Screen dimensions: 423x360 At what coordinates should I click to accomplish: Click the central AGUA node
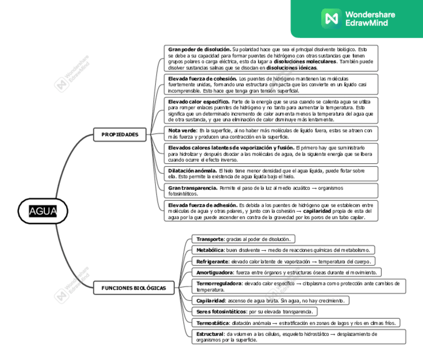[x=43, y=211]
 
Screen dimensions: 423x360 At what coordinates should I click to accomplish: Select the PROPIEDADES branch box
[x=120, y=134]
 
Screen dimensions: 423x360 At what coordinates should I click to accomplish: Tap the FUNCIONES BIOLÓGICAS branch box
[x=134, y=288]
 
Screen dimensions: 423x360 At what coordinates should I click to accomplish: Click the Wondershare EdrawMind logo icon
[x=331, y=18]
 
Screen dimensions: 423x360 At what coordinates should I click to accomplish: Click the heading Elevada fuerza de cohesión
[x=202, y=79]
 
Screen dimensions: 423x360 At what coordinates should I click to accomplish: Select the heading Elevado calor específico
[x=199, y=101]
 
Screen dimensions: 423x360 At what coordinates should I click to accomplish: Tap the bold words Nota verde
[x=183, y=130]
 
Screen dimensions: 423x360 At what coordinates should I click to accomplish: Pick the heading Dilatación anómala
[x=192, y=171]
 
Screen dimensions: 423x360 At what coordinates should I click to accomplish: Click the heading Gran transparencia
[x=193, y=188]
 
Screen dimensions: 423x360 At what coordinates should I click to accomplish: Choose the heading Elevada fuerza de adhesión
[x=203, y=205]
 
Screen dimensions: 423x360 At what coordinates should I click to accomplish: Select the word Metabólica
[x=210, y=250]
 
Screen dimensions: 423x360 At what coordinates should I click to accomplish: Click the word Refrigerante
[x=212, y=261]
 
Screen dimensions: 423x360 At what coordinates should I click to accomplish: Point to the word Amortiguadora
[x=214, y=272]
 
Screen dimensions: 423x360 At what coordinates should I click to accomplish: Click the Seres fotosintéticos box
[x=254, y=312]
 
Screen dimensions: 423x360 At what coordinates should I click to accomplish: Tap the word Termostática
[x=212, y=323]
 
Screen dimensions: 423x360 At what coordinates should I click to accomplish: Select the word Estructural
[x=210, y=334]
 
